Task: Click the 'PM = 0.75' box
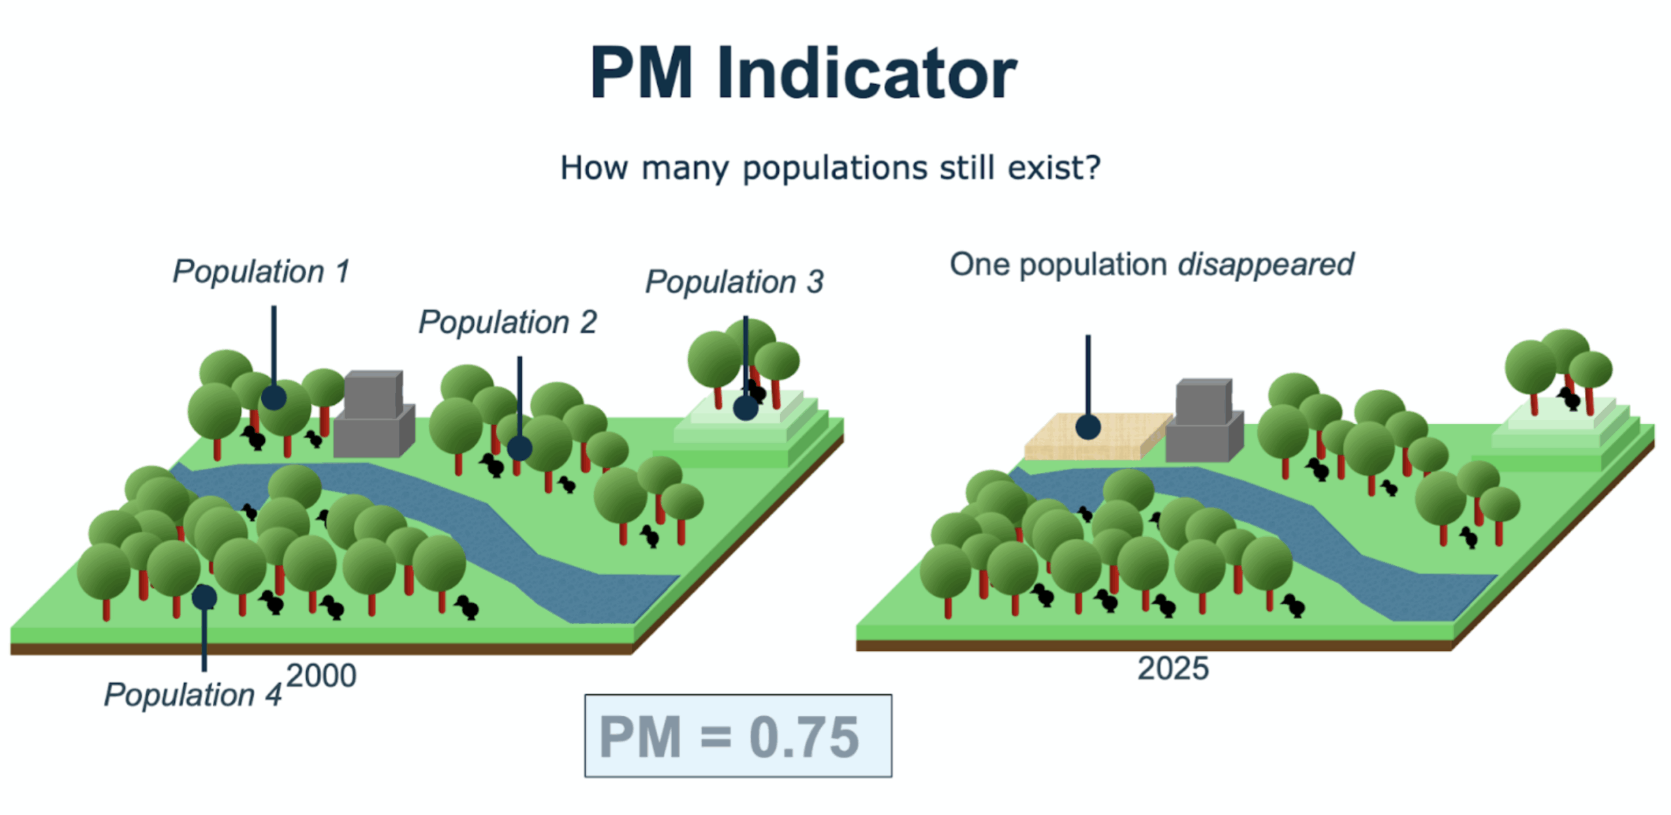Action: pos(738,735)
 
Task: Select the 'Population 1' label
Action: pos(261,271)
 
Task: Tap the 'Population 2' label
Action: pos(507,322)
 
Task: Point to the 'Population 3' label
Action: pos(734,281)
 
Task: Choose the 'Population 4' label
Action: pos(193,694)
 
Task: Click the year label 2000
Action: pos(321,675)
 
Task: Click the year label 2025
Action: pos(1172,668)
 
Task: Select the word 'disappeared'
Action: pos(1265,264)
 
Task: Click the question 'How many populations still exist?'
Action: pos(830,168)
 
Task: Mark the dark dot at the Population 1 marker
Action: pos(273,397)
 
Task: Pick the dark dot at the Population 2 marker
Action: pos(519,448)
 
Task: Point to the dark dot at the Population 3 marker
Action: pos(745,408)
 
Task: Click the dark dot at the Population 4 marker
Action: pos(204,596)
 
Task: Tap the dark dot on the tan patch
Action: pos(1087,427)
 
